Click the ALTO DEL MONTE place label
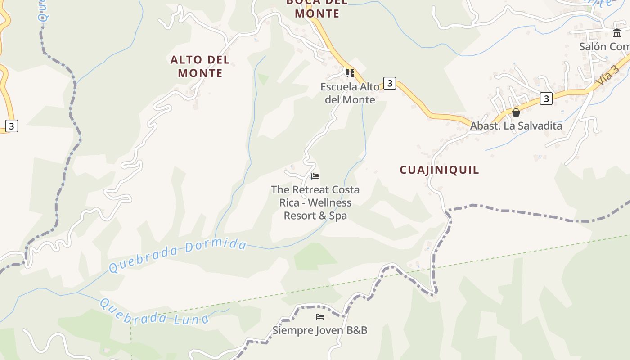tap(200, 66)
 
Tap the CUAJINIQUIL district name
tap(439, 170)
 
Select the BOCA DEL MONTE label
tap(317, 8)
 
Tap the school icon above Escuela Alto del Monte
tap(350, 73)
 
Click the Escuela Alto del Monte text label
tap(350, 93)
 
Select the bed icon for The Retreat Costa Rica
tap(315, 176)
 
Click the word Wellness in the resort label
tap(329, 203)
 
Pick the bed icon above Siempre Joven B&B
tap(320, 317)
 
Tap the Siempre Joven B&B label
tap(320, 330)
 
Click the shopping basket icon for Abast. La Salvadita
tap(516, 112)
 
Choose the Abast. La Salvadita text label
tap(516, 126)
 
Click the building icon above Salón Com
tap(617, 33)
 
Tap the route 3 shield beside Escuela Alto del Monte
tap(390, 83)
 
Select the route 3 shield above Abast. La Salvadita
tap(546, 99)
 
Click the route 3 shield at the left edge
tap(11, 126)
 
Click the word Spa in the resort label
tap(338, 216)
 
